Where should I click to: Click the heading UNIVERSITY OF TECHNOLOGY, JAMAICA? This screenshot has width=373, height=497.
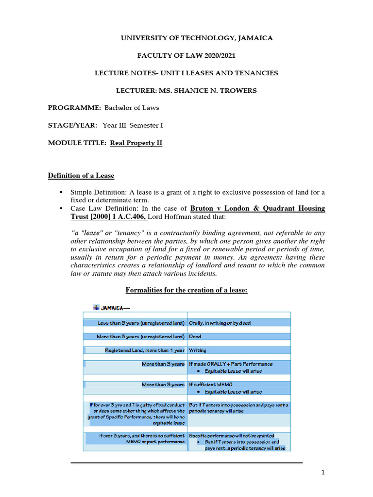(186, 38)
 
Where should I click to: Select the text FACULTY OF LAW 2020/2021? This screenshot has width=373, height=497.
(186, 56)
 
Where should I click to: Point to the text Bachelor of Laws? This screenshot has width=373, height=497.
(132, 108)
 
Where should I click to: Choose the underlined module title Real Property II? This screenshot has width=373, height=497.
(136, 143)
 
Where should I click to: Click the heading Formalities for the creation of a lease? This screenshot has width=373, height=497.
(186, 290)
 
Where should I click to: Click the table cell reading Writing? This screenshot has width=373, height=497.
(197, 350)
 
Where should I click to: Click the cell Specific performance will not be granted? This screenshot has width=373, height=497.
(231, 435)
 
